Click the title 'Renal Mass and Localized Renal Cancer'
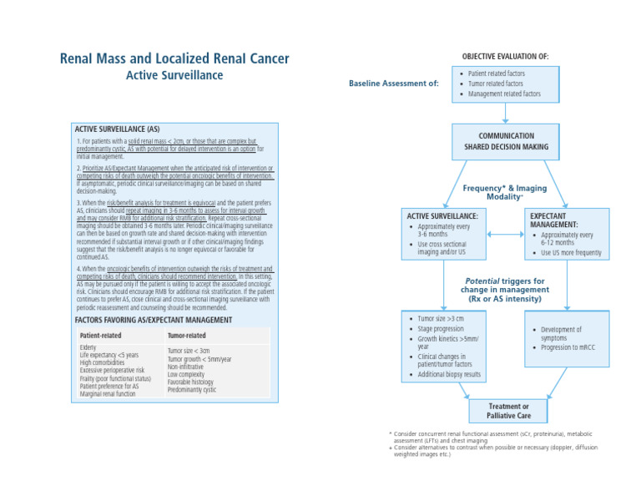point(174,58)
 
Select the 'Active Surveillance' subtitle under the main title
point(174,75)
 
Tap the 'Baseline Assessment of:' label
point(393,84)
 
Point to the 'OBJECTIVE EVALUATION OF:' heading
point(505,56)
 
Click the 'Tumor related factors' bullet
point(496,84)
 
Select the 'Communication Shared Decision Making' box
point(507,141)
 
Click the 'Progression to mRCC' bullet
point(572,347)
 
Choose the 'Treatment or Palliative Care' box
point(508,411)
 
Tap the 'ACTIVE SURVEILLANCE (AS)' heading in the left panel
point(117,129)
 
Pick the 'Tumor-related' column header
point(186,336)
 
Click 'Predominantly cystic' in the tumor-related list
point(192,390)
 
